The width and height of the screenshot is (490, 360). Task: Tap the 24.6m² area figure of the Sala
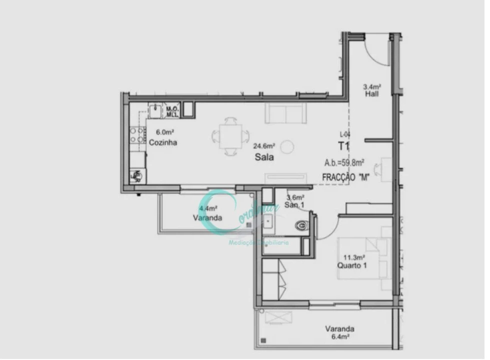click(264, 146)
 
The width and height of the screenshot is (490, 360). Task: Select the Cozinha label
click(163, 142)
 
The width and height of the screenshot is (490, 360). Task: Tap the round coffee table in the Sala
click(288, 147)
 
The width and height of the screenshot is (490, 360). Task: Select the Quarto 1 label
click(352, 265)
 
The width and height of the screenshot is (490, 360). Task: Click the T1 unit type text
click(343, 146)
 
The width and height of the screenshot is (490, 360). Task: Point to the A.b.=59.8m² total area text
click(344, 162)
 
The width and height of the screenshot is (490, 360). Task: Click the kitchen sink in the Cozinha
click(157, 110)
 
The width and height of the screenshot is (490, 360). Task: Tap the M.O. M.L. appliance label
click(173, 111)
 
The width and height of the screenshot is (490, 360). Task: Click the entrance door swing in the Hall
click(376, 50)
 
